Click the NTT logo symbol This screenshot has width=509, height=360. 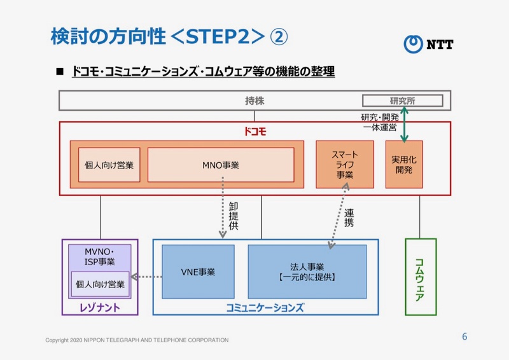[413, 43]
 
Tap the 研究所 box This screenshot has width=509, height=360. [402, 100]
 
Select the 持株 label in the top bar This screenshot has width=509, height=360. [254, 100]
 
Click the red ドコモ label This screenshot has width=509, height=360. [254, 132]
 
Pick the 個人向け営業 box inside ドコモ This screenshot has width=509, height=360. [109, 165]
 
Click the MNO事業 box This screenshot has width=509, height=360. [221, 165]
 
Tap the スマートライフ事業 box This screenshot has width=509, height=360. [345, 165]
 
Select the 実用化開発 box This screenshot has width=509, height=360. [403, 165]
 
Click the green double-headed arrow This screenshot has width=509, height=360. [404, 124]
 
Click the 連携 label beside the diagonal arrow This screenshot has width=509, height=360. [349, 218]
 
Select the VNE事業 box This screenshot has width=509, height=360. [198, 272]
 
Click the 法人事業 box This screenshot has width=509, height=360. [307, 272]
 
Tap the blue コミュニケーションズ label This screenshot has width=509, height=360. [265, 307]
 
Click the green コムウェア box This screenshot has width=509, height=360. [421, 277]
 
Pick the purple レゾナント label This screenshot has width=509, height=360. [100, 308]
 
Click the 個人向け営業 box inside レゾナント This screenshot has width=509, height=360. [100, 284]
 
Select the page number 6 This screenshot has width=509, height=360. [464, 336]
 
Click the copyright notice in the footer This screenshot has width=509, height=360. [137, 340]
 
